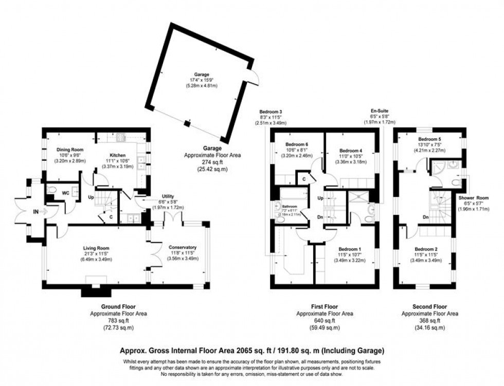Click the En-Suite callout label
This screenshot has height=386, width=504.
click(380, 111)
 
